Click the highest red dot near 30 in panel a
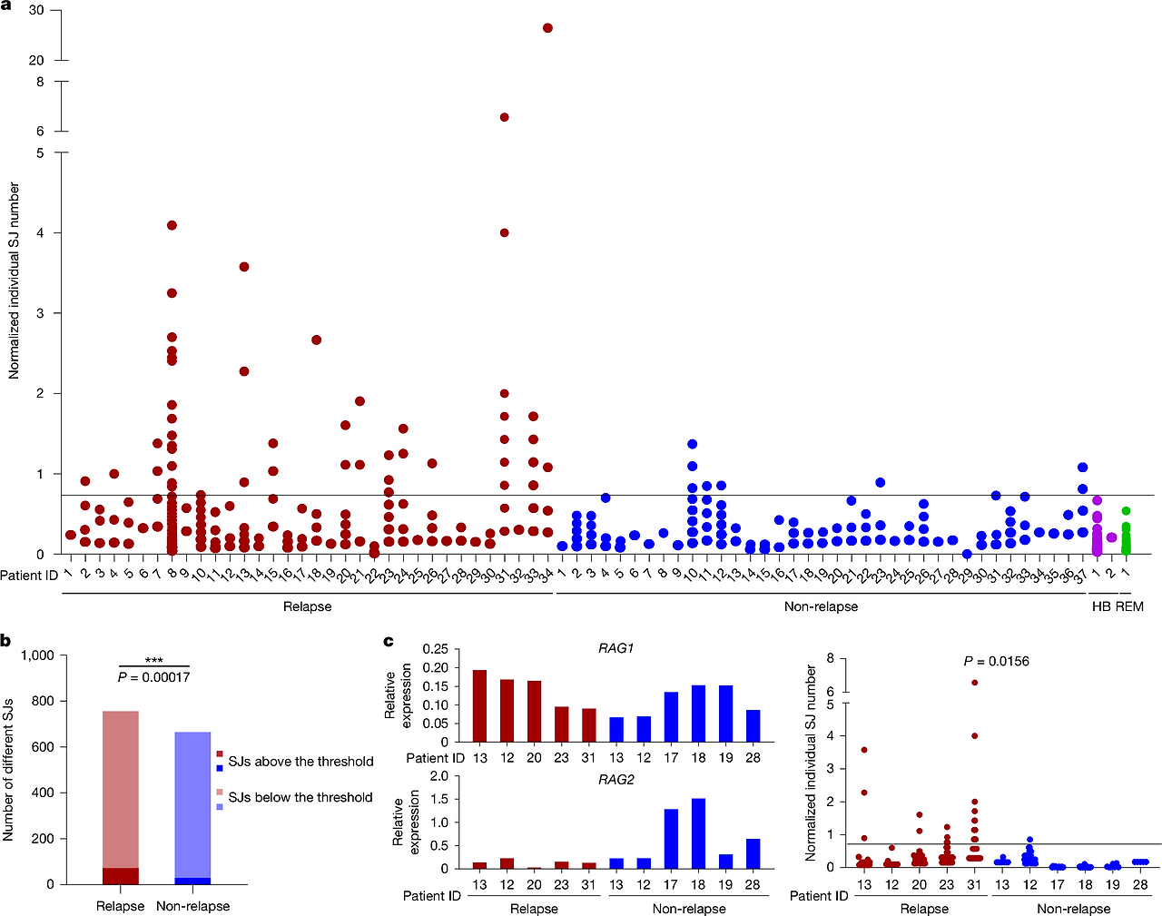pyautogui.click(x=547, y=28)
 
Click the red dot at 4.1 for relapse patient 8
pyautogui.click(x=172, y=225)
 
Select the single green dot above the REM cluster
pyautogui.click(x=1126, y=510)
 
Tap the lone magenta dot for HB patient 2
pyautogui.click(x=1111, y=537)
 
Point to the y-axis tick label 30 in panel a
pyautogui.click(x=36, y=10)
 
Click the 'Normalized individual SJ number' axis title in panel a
pyautogui.click(x=14, y=281)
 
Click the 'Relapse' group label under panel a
pyautogui.click(x=307, y=606)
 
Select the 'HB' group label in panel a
pyautogui.click(x=1101, y=606)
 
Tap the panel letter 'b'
pyautogui.click(x=5, y=641)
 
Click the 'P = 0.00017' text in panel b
pyautogui.click(x=154, y=677)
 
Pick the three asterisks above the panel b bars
pyautogui.click(x=154, y=660)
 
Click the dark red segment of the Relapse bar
pyautogui.click(x=121, y=876)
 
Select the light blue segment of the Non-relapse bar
pyautogui.click(x=192, y=805)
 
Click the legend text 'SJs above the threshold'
pyautogui.click(x=300, y=762)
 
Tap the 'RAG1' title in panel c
pyautogui.click(x=615, y=648)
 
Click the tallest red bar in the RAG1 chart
pyautogui.click(x=479, y=706)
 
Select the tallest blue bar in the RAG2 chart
pyautogui.click(x=698, y=833)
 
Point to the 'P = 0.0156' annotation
pyautogui.click(x=996, y=661)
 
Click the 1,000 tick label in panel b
pyautogui.click(x=38, y=655)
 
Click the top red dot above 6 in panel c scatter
pyautogui.click(x=975, y=683)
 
